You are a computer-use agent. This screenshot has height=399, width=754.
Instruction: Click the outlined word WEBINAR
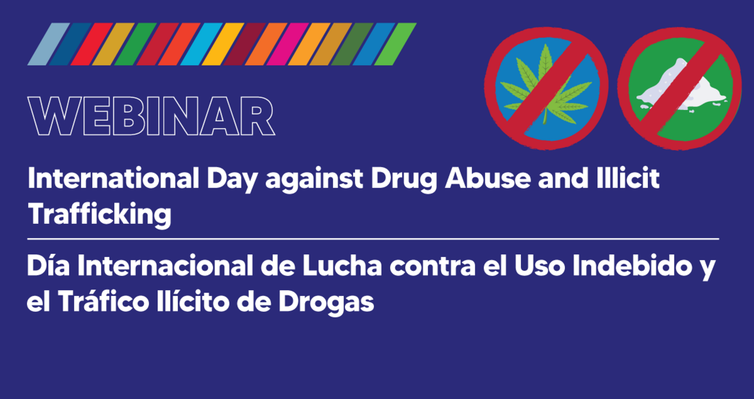click(151, 117)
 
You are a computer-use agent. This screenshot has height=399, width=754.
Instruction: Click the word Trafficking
click(99, 214)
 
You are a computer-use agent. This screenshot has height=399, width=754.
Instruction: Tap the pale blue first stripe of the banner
click(48, 44)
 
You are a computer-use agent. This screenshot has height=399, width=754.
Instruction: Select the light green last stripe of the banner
click(395, 44)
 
